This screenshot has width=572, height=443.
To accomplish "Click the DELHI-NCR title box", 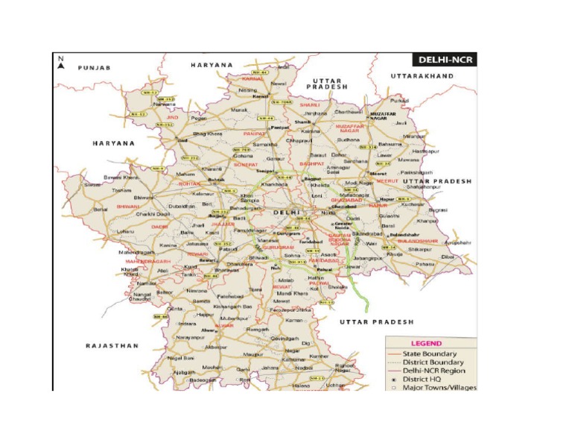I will [444, 60].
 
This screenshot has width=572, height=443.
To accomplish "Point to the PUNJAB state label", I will [94, 68].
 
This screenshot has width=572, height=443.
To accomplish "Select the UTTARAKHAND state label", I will [422, 76].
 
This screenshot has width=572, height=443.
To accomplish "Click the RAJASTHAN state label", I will [112, 346].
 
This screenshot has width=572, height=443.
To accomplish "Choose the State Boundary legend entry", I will [430, 354].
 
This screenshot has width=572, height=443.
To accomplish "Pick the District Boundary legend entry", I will [433, 362].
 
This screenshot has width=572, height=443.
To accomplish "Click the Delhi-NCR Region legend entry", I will [433, 371].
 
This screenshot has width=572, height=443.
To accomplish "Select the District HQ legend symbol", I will [393, 379].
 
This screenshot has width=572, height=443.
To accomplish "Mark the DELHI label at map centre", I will [287, 213].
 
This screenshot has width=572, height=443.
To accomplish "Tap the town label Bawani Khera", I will [121, 177].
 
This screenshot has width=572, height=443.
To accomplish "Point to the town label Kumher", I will [319, 356].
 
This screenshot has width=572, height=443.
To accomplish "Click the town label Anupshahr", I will [459, 242].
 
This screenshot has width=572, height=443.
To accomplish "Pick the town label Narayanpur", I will [190, 337].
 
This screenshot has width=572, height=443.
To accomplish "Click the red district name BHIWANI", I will [127, 206].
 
